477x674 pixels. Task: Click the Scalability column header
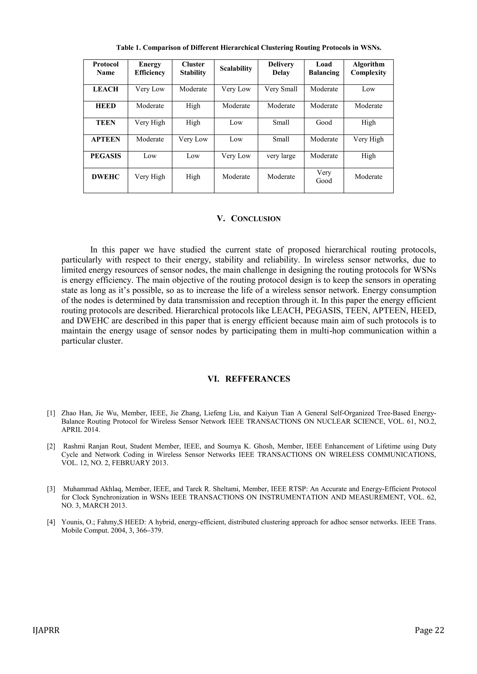tap(236, 69)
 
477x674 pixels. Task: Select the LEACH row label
tap(106, 89)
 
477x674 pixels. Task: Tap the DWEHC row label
tap(106, 177)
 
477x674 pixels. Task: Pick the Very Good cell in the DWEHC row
tap(324, 177)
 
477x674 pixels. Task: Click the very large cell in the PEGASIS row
tap(281, 156)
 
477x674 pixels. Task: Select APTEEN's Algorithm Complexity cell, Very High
tap(368, 139)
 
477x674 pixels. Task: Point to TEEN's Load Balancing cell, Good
tap(324, 123)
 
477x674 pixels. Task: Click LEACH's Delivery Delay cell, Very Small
tap(281, 89)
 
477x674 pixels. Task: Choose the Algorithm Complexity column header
tap(368, 69)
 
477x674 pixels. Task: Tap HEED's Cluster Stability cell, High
tap(193, 106)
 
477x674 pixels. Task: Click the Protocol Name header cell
tap(106, 69)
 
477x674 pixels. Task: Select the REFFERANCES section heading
tap(257, 379)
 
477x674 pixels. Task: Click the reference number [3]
tap(51, 489)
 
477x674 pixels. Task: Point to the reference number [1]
tap(51, 413)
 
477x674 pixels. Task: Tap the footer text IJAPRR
tap(46, 630)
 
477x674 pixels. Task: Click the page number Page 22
tap(429, 630)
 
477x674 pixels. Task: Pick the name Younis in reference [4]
tap(71, 522)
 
